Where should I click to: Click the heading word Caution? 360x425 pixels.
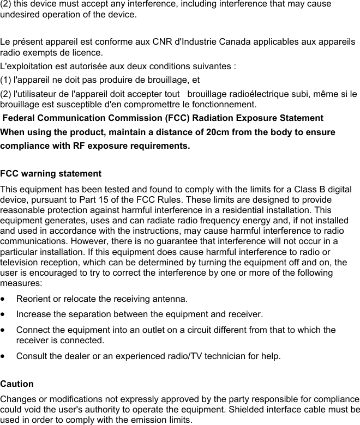tap(17, 384)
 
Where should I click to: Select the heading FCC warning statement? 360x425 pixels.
tap(51, 174)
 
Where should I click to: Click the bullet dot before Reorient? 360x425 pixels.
tap(4, 299)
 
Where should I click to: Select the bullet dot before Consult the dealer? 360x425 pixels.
tap(4, 357)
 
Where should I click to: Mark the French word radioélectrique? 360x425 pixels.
tap(247, 94)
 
